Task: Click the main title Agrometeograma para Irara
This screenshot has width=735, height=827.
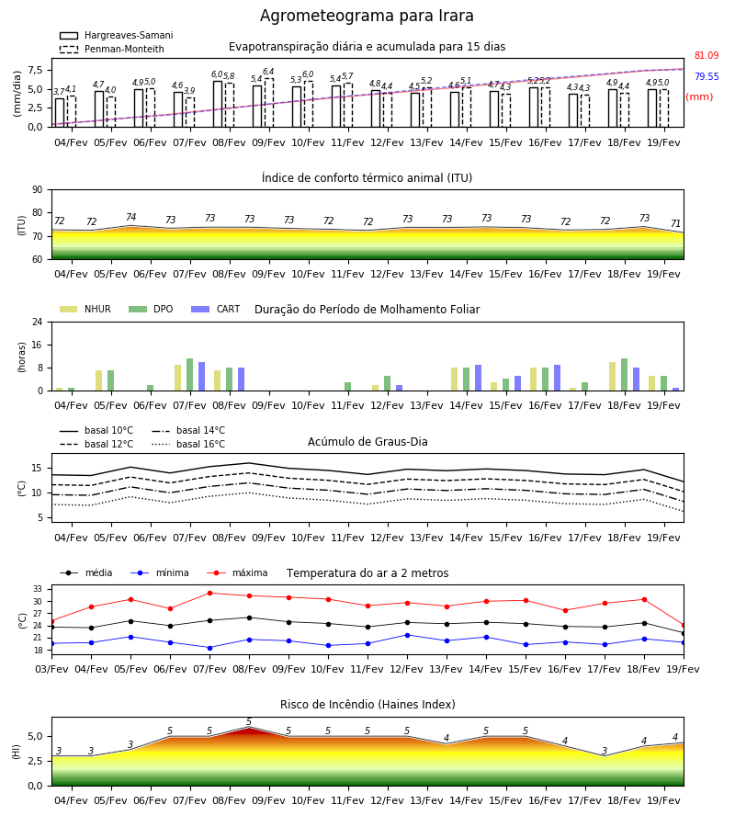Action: tap(367, 16)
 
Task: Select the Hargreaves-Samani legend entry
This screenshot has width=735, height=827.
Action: tap(117, 35)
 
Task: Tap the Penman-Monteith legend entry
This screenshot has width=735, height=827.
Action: tap(112, 49)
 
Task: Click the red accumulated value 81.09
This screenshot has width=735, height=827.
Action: tap(707, 55)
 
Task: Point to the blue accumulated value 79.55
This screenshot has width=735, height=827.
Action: tap(707, 76)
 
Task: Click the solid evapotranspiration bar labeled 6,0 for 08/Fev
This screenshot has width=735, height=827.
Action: tap(218, 104)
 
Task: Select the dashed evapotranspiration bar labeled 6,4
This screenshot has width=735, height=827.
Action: tap(269, 102)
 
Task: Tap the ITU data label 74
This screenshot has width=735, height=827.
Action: tap(130, 217)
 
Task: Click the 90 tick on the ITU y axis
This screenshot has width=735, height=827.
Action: tap(37, 190)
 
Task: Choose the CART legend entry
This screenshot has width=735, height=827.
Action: tap(216, 309)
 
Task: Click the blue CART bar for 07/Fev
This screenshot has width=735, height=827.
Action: tap(201, 376)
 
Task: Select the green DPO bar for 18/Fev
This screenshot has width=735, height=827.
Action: tap(624, 375)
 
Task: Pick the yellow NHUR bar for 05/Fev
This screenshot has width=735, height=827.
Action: tap(98, 380)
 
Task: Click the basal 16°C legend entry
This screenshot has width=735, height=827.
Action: tap(188, 444)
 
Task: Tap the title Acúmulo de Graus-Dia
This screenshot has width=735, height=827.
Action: tap(367, 441)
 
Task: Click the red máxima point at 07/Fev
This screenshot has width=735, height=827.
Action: tap(209, 593)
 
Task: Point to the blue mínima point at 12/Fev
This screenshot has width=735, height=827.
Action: tap(407, 635)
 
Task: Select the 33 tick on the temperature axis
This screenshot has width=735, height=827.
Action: tap(38, 589)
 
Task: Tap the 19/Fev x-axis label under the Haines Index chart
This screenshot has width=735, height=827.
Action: tap(663, 800)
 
